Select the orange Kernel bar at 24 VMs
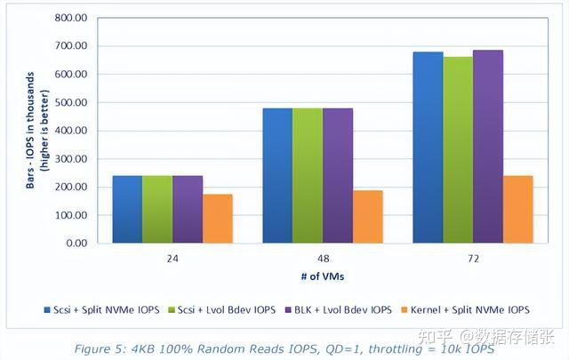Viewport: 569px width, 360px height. pyautogui.click(x=217, y=219)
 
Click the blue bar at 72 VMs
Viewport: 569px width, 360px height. pyautogui.click(x=428, y=148)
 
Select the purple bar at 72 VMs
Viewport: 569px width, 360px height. pyautogui.click(x=488, y=147)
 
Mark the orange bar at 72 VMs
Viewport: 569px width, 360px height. pyautogui.click(x=517, y=209)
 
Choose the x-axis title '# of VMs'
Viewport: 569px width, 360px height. pyautogui.click(x=321, y=276)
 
